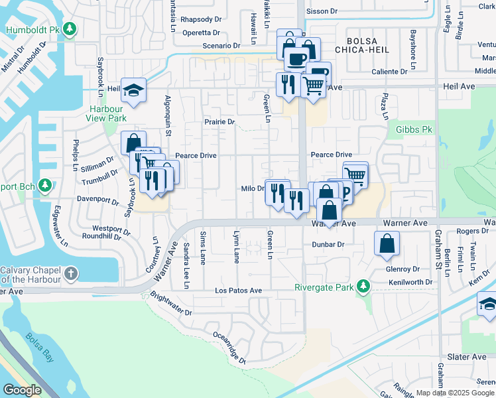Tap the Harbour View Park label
click(x=105, y=113)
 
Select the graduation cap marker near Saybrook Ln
click(x=133, y=91)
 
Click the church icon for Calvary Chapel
click(x=72, y=273)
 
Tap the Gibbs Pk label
click(x=413, y=130)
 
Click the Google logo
click(x=22, y=390)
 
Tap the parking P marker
click(x=344, y=192)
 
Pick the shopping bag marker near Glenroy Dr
click(x=387, y=243)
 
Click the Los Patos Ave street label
click(x=238, y=291)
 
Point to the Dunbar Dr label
click(x=328, y=244)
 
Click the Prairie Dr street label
click(x=219, y=122)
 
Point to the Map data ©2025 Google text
click(x=455, y=393)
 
